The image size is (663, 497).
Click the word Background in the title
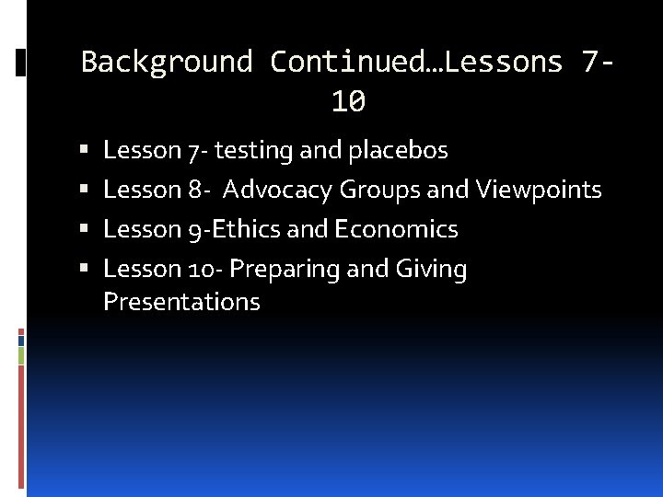pyautogui.click(x=166, y=62)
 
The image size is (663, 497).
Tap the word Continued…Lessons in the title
pyautogui.click(x=415, y=62)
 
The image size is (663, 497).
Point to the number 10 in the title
pyautogui.click(x=348, y=102)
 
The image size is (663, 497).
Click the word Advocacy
pyautogui.click(x=277, y=190)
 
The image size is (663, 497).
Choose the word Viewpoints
pyautogui.click(x=539, y=190)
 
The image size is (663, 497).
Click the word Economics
pyautogui.click(x=396, y=229)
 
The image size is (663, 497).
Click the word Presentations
pyautogui.click(x=181, y=302)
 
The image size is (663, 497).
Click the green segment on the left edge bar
pyautogui.click(x=21, y=354)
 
